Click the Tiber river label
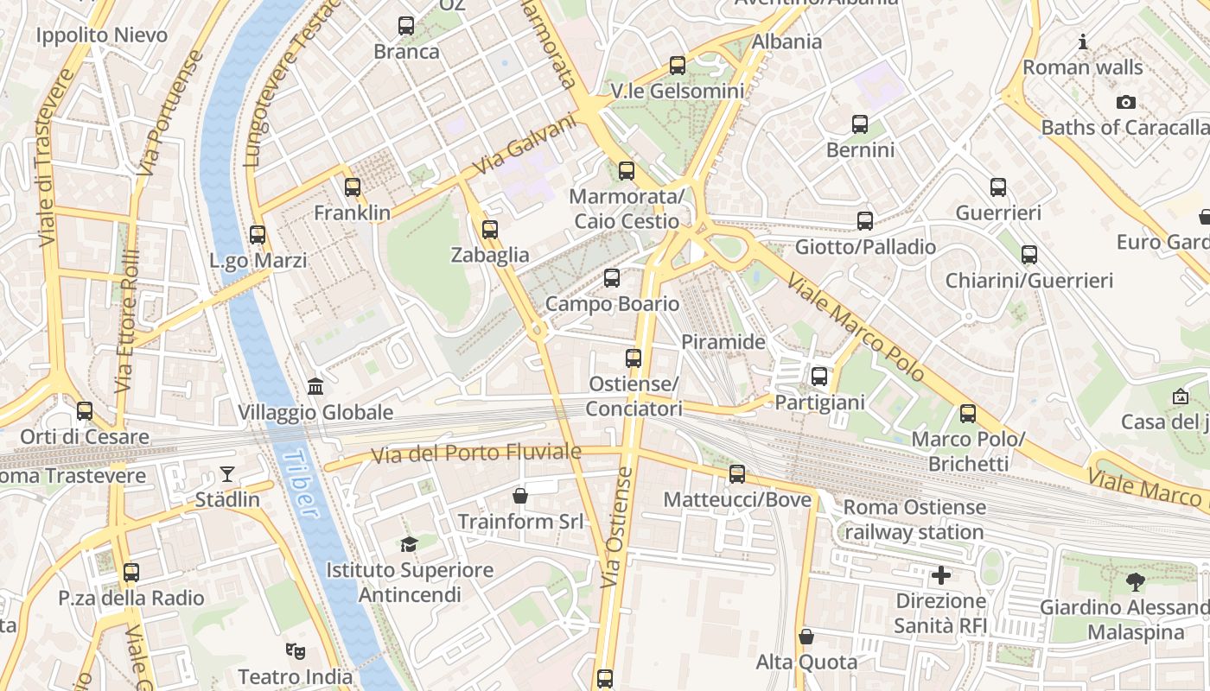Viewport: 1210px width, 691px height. point(299,484)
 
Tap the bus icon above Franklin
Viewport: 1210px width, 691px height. point(352,187)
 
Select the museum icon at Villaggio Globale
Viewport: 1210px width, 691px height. point(315,386)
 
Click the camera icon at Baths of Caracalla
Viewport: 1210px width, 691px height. point(1125,102)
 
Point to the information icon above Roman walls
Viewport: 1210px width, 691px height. point(1082,41)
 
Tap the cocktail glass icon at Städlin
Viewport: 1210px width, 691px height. point(226,473)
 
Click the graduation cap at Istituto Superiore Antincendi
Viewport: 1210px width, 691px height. point(409,544)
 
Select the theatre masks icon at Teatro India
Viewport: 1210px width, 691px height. point(295,650)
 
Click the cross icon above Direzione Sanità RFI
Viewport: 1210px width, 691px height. point(941,574)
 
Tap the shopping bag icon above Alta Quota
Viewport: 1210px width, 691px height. point(806,637)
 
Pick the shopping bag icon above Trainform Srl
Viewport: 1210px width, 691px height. point(520,496)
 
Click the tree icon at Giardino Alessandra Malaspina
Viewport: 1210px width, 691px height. point(1136,581)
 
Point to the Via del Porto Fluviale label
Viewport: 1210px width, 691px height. point(476,453)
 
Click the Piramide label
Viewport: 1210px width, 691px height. point(723,342)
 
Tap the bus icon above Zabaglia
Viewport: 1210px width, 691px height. point(490,229)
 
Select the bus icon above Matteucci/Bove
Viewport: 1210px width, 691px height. point(737,473)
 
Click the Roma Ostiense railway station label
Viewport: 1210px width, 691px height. point(914,519)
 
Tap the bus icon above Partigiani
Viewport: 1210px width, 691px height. point(819,377)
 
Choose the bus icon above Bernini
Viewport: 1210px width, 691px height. point(860,124)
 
